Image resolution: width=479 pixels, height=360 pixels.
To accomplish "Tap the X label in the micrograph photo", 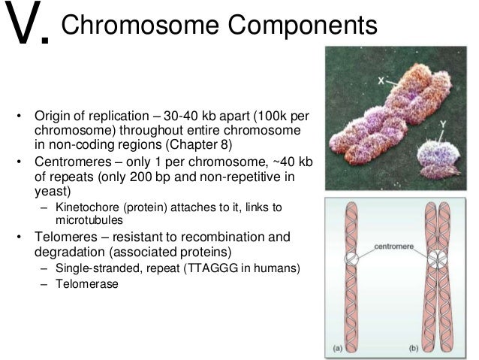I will tap(362, 77).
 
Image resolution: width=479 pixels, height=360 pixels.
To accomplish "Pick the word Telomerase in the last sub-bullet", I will tap(87, 284).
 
